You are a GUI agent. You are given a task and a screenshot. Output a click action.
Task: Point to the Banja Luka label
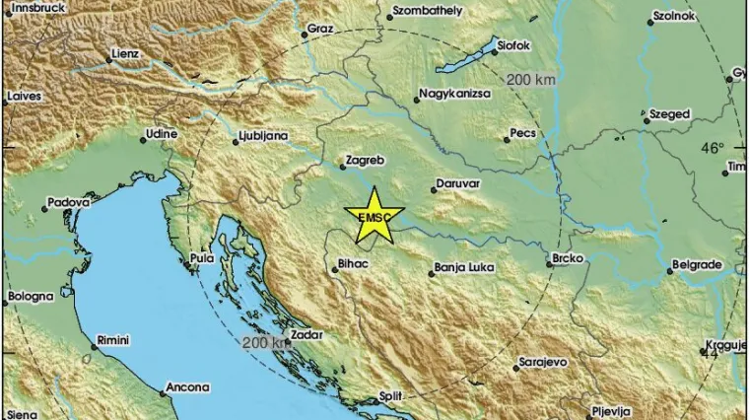coord(462,266)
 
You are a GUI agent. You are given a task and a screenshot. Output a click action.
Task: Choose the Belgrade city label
coord(697,265)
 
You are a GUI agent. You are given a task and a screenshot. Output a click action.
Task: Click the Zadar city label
coord(308,335)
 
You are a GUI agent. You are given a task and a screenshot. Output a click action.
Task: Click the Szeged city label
coord(669,114)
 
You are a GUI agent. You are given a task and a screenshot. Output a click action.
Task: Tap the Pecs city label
coord(521,132)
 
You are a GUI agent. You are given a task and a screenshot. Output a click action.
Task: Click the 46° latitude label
coord(712,148)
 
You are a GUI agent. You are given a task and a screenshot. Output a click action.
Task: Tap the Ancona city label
coord(187,387)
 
